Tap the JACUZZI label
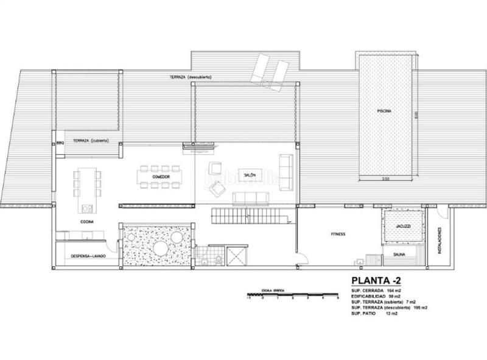tap(402, 226)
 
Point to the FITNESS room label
tap(338, 233)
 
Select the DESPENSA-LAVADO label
tap(88, 256)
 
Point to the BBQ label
tap(60, 143)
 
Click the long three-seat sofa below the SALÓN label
tap(251, 197)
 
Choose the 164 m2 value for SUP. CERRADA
tap(402, 291)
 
